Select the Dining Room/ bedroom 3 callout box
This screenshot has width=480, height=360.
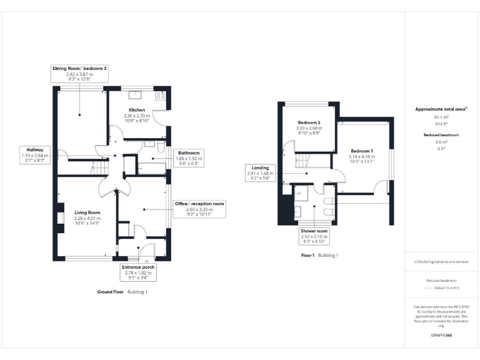[x=79, y=73]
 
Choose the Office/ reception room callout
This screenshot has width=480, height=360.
[x=199, y=209]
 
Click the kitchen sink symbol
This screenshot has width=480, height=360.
[x=136, y=96]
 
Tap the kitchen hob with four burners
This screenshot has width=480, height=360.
[x=160, y=96]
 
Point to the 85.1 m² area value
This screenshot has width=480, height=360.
[x=441, y=117]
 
